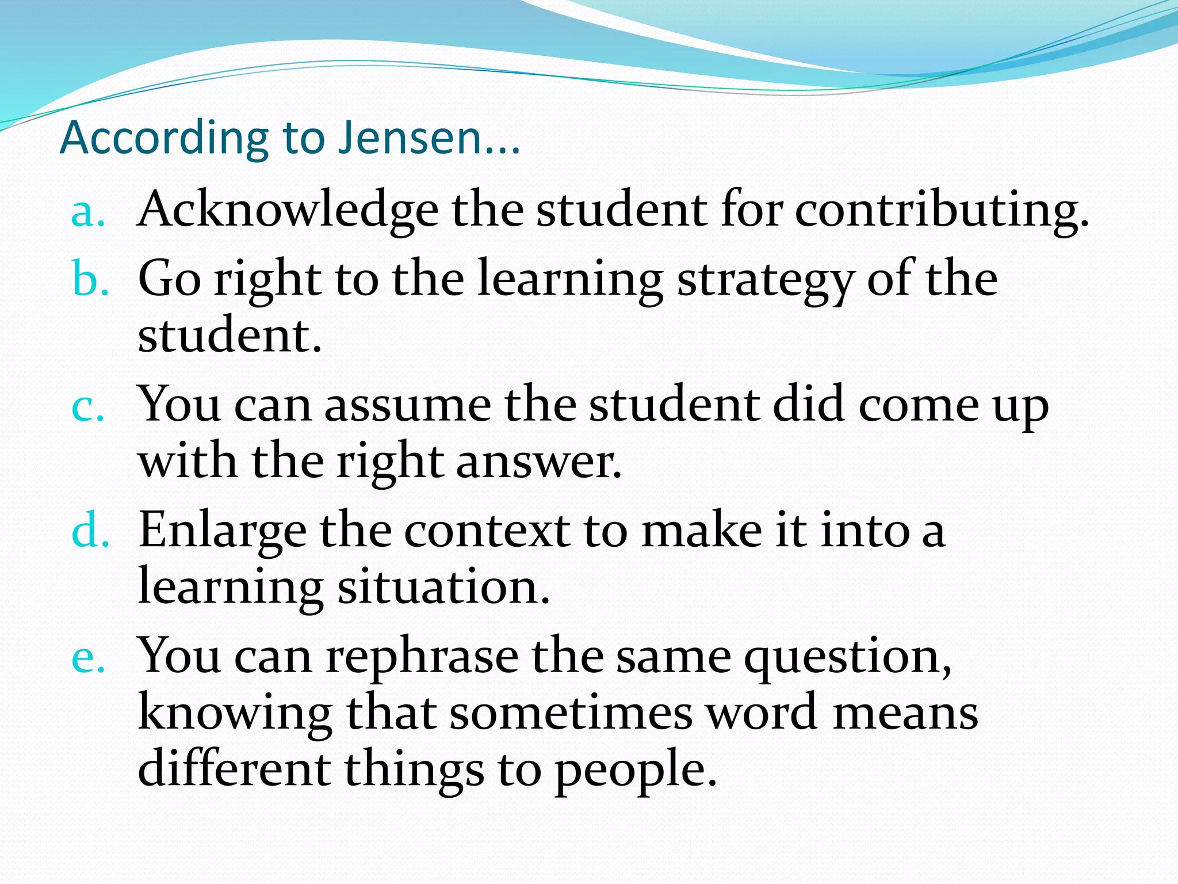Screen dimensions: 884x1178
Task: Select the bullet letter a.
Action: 87,212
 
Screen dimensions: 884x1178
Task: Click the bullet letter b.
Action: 90,279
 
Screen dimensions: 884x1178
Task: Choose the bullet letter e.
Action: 87,658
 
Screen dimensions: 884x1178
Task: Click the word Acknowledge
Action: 288,210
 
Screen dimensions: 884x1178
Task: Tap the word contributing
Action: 942,210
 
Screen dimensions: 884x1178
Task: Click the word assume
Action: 408,405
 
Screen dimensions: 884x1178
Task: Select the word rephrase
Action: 422,657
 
